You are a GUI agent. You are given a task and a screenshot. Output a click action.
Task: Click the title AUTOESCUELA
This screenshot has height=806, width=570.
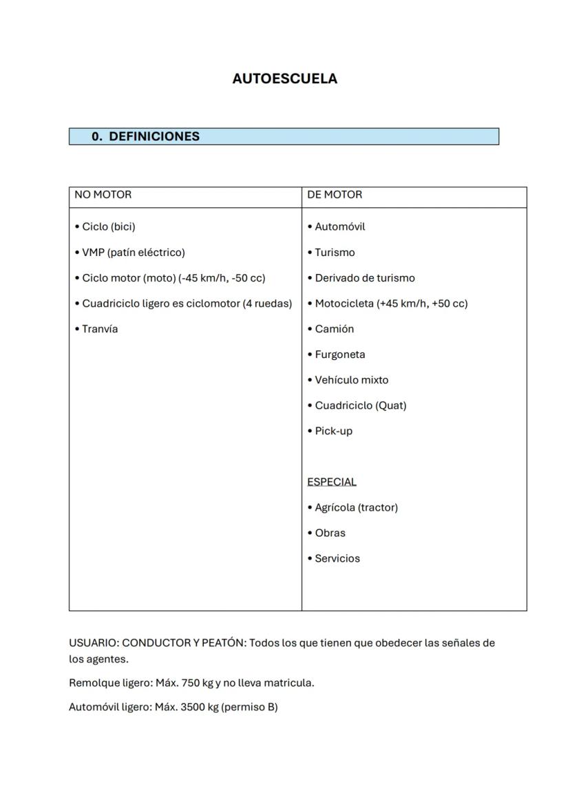(284, 78)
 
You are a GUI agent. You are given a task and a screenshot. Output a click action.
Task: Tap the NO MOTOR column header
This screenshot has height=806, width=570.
(103, 195)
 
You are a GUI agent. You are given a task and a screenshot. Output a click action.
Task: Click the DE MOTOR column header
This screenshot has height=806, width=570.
(335, 195)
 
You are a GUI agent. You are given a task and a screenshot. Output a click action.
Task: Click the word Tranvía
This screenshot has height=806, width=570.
(100, 329)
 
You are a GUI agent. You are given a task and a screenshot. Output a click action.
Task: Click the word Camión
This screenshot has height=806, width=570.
(334, 329)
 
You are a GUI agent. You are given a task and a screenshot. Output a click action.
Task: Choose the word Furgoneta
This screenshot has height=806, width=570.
(340, 354)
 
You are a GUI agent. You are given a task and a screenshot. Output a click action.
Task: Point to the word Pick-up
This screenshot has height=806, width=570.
(333, 431)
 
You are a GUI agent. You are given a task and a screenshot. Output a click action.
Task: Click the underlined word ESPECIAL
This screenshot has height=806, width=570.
(332, 482)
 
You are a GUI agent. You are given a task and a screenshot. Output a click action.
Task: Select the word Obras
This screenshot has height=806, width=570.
(330, 533)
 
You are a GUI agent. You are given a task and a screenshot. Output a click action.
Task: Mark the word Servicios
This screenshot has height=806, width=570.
(337, 558)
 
